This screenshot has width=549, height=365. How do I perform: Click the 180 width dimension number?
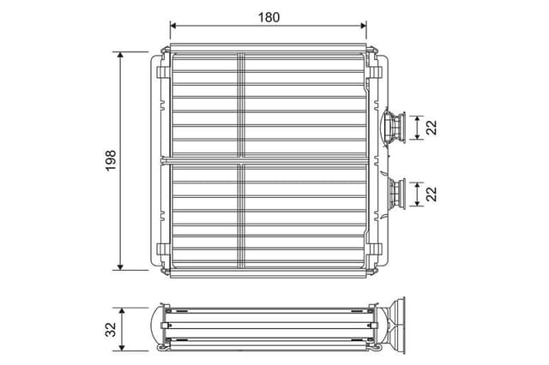268,16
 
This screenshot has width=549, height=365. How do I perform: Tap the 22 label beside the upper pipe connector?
431,127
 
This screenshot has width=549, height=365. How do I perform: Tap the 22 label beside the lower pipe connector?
431,194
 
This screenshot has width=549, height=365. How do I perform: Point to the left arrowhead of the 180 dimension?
174,27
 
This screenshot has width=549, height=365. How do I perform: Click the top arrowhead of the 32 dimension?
125,311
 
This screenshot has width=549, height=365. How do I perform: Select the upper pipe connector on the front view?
395,127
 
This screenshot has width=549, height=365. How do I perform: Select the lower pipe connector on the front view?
397,194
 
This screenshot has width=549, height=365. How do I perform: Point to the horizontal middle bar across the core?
268,160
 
